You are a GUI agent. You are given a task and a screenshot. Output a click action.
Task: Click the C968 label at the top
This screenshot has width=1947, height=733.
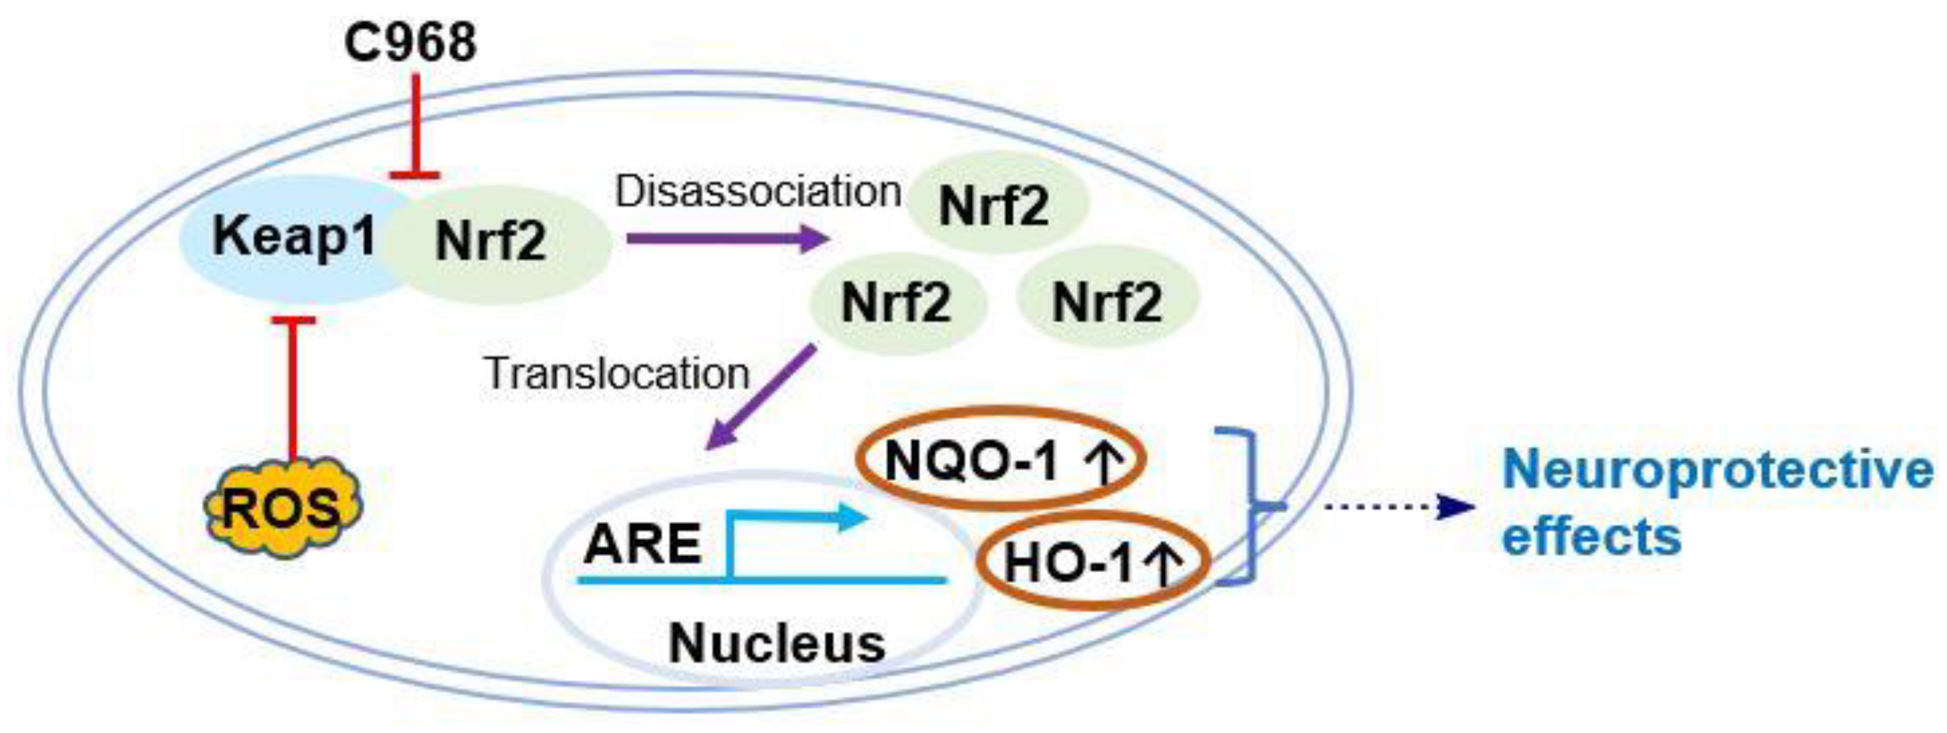click(x=411, y=42)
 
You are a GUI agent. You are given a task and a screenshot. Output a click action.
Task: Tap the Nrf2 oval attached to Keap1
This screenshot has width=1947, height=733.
click(x=499, y=242)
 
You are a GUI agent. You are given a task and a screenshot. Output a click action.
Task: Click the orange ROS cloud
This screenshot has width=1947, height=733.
click(x=284, y=508)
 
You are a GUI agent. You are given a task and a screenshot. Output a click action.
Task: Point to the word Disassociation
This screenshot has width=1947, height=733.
click(x=758, y=192)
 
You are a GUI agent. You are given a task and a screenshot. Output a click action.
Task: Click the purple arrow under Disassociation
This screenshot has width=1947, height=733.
click(x=726, y=239)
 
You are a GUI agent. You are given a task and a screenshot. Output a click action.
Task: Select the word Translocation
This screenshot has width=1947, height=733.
click(x=616, y=373)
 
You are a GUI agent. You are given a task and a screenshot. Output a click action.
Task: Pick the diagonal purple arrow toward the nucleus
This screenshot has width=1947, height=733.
click(x=760, y=397)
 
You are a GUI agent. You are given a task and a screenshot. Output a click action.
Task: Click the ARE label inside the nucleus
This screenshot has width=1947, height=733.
click(x=642, y=544)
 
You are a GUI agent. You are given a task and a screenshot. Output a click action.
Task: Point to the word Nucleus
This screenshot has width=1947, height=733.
click(x=777, y=644)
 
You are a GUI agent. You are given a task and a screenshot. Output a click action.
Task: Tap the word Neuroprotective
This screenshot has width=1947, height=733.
click(x=1715, y=470)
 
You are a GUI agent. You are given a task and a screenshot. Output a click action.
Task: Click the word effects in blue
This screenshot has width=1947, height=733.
click(x=1591, y=537)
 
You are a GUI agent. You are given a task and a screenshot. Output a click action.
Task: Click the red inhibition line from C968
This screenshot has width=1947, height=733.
click(x=415, y=124)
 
